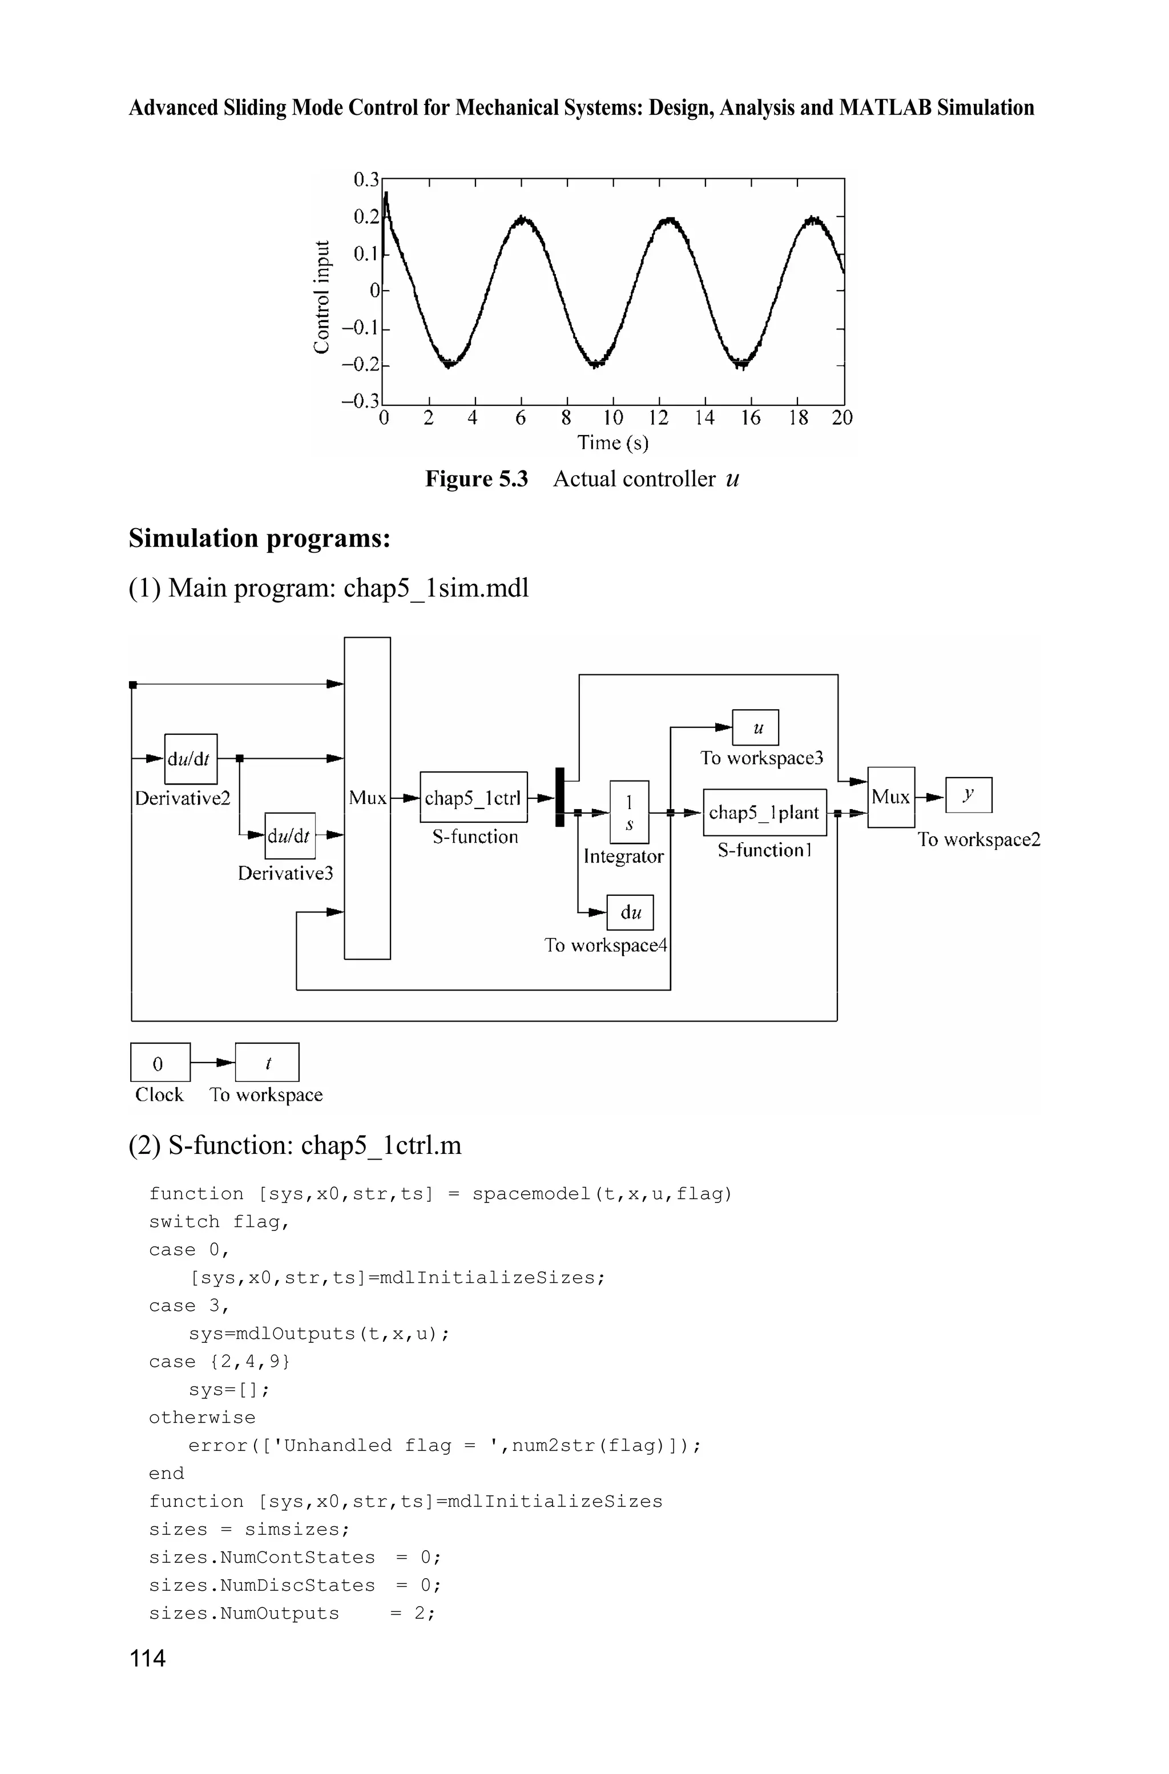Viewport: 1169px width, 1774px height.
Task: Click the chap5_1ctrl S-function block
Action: click(473, 797)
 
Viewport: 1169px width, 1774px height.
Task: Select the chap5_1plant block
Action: click(764, 812)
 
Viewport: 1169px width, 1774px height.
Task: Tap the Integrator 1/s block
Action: click(629, 811)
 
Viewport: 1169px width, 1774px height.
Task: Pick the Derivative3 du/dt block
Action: click(290, 835)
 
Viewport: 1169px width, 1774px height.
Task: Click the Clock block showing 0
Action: click(160, 1062)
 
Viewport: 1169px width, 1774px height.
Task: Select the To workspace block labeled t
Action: click(267, 1062)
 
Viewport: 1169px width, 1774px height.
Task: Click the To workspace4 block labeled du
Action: click(630, 912)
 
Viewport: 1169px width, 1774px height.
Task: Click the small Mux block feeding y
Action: click(891, 797)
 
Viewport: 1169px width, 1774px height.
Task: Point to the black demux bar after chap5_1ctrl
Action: click(560, 797)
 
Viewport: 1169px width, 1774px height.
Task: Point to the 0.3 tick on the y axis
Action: click(365, 180)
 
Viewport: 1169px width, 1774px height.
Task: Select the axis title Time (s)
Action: click(613, 443)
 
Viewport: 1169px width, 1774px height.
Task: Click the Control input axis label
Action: click(321, 297)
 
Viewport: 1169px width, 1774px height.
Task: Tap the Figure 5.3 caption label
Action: click(477, 478)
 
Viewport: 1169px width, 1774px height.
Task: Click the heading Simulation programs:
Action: click(260, 538)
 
